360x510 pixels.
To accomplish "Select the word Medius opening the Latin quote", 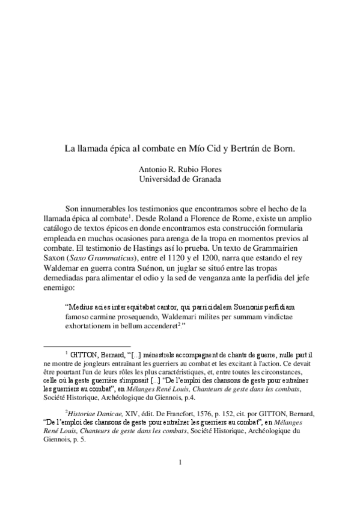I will pyautogui.click(x=81, y=306).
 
